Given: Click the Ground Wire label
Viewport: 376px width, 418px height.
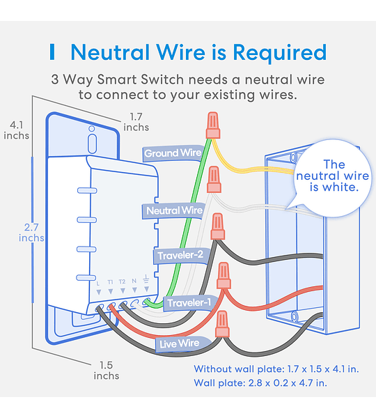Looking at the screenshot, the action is point(173,153).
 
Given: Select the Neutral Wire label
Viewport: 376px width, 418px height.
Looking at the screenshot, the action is point(174,211).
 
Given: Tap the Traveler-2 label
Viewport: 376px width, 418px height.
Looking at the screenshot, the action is point(180,256).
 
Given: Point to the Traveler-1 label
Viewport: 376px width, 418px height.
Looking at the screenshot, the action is point(189,303).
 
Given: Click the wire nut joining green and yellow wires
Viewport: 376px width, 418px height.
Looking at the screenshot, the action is point(212,125).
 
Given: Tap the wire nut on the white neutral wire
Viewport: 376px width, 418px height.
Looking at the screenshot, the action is point(214,179).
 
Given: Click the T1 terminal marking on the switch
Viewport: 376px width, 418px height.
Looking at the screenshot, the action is point(110,281).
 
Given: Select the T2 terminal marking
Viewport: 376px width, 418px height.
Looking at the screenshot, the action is point(122,281).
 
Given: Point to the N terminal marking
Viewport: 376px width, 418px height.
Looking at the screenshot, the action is point(134,281).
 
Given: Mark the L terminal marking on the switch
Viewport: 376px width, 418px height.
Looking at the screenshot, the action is point(98,283).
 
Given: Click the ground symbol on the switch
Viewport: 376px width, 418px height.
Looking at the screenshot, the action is point(146,279).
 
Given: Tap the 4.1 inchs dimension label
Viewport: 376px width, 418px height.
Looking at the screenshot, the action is point(16,130).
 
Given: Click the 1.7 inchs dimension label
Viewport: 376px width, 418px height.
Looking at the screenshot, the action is point(136,122).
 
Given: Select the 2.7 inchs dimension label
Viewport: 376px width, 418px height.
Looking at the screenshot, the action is point(31,233).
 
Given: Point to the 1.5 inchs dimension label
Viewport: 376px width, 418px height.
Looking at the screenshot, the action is point(107,371).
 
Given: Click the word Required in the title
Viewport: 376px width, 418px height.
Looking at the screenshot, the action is point(280,53).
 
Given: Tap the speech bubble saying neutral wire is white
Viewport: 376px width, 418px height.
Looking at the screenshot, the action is point(333,177).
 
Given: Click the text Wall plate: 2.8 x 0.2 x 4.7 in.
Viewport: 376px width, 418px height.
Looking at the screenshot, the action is point(260,383).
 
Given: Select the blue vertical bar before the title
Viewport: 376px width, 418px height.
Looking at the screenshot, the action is point(52,52).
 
